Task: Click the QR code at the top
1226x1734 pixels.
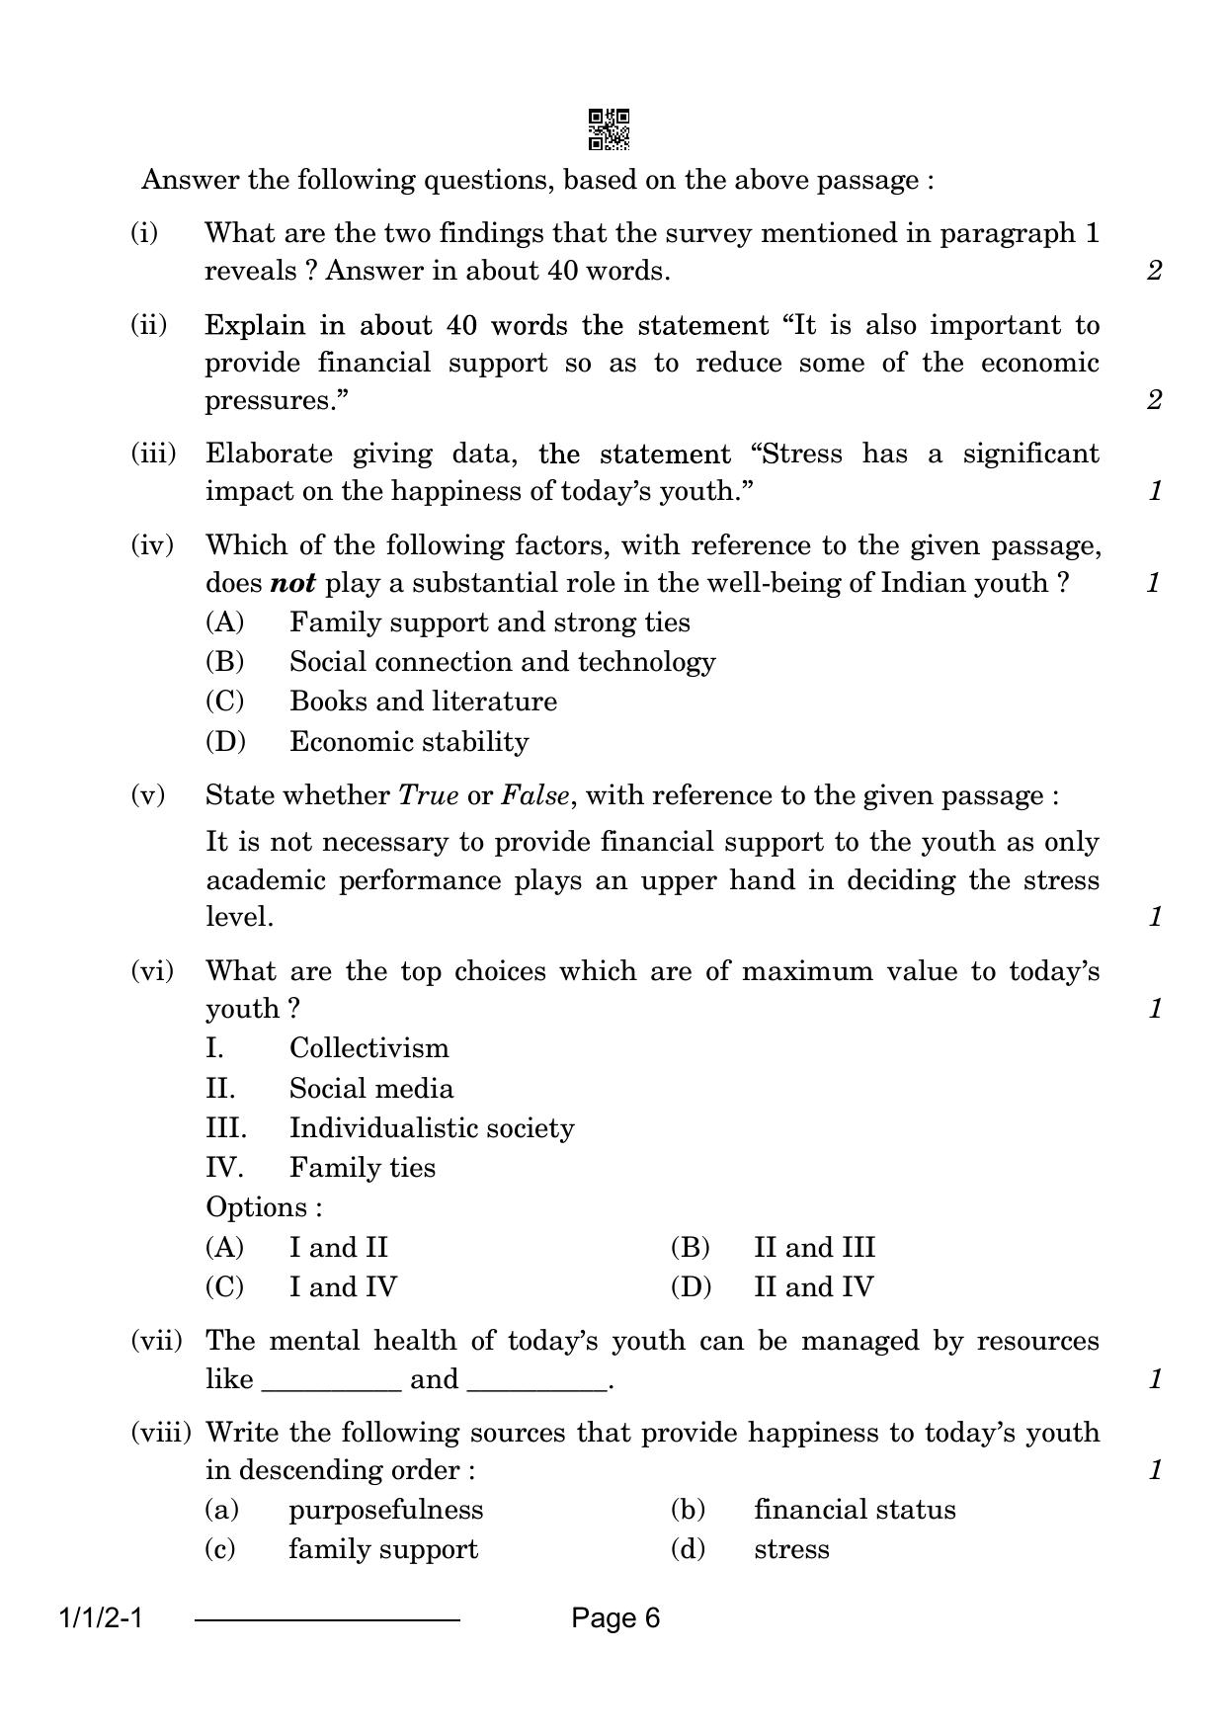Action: (x=609, y=129)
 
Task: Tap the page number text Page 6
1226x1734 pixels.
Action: (x=614, y=1618)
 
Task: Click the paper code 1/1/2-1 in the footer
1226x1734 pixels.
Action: (x=102, y=1619)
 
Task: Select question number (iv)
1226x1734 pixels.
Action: (x=152, y=544)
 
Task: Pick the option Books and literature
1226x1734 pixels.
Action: (x=423, y=702)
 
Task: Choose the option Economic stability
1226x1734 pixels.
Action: (x=409, y=742)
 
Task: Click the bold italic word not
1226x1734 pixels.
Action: (x=292, y=583)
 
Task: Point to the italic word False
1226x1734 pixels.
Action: (x=535, y=795)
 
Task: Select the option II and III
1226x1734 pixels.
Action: (x=814, y=1248)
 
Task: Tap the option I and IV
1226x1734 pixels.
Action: (x=343, y=1287)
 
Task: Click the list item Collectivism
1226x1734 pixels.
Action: (x=368, y=1048)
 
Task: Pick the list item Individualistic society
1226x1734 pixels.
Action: (x=432, y=1128)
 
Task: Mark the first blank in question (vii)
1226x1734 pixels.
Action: (x=332, y=1380)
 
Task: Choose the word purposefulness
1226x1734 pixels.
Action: (x=386, y=1510)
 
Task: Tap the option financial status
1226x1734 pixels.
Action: (x=855, y=1510)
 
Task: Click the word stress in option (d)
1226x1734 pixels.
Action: (x=791, y=1549)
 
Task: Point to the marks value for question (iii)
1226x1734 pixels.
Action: (x=1155, y=491)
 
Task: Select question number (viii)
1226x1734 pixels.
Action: (x=161, y=1433)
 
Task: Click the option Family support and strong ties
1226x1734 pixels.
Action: (x=490, y=622)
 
